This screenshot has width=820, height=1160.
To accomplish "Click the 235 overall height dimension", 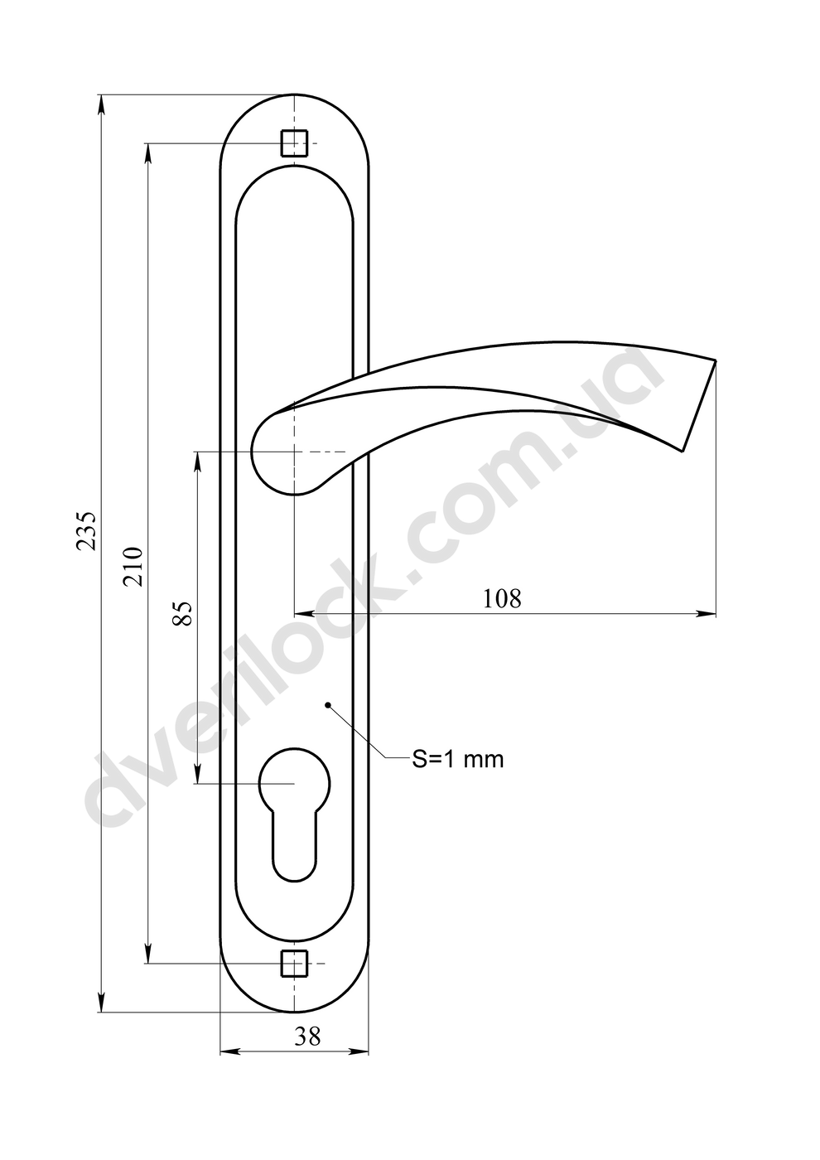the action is tap(86, 531).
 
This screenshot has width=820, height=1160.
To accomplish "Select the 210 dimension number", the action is tap(132, 566).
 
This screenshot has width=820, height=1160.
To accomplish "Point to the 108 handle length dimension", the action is tap(502, 598).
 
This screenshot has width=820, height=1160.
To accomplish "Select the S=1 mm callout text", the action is tap(457, 759).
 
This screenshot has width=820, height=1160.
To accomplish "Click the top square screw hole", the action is tap(294, 143).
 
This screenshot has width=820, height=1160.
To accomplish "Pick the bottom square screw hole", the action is tap(294, 963).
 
